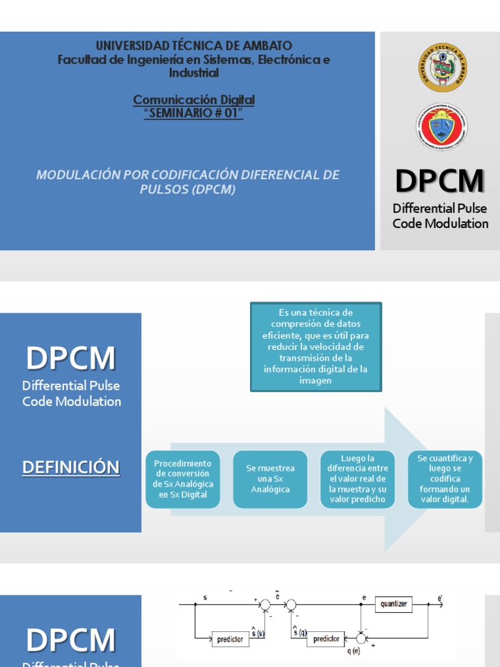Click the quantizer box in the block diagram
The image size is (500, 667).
(x=394, y=604)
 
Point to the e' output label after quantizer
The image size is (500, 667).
(x=440, y=597)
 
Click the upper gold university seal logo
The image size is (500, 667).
(x=442, y=68)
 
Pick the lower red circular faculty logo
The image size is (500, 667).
(x=442, y=127)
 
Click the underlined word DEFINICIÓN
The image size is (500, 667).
(x=71, y=467)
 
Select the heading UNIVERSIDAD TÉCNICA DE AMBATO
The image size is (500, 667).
(x=194, y=46)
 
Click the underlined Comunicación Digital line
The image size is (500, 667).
(x=193, y=100)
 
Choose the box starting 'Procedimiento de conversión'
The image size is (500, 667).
(x=183, y=479)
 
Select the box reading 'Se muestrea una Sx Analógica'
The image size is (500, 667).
(x=270, y=479)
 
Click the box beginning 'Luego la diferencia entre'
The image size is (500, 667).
(x=357, y=479)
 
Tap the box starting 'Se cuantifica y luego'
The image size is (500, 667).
(x=445, y=479)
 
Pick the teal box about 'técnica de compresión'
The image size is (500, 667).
(x=316, y=347)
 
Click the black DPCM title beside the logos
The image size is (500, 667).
(x=440, y=181)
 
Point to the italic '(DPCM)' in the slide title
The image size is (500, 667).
(x=214, y=190)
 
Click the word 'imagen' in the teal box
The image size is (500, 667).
(x=316, y=380)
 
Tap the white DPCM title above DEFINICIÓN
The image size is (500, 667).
(x=71, y=359)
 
